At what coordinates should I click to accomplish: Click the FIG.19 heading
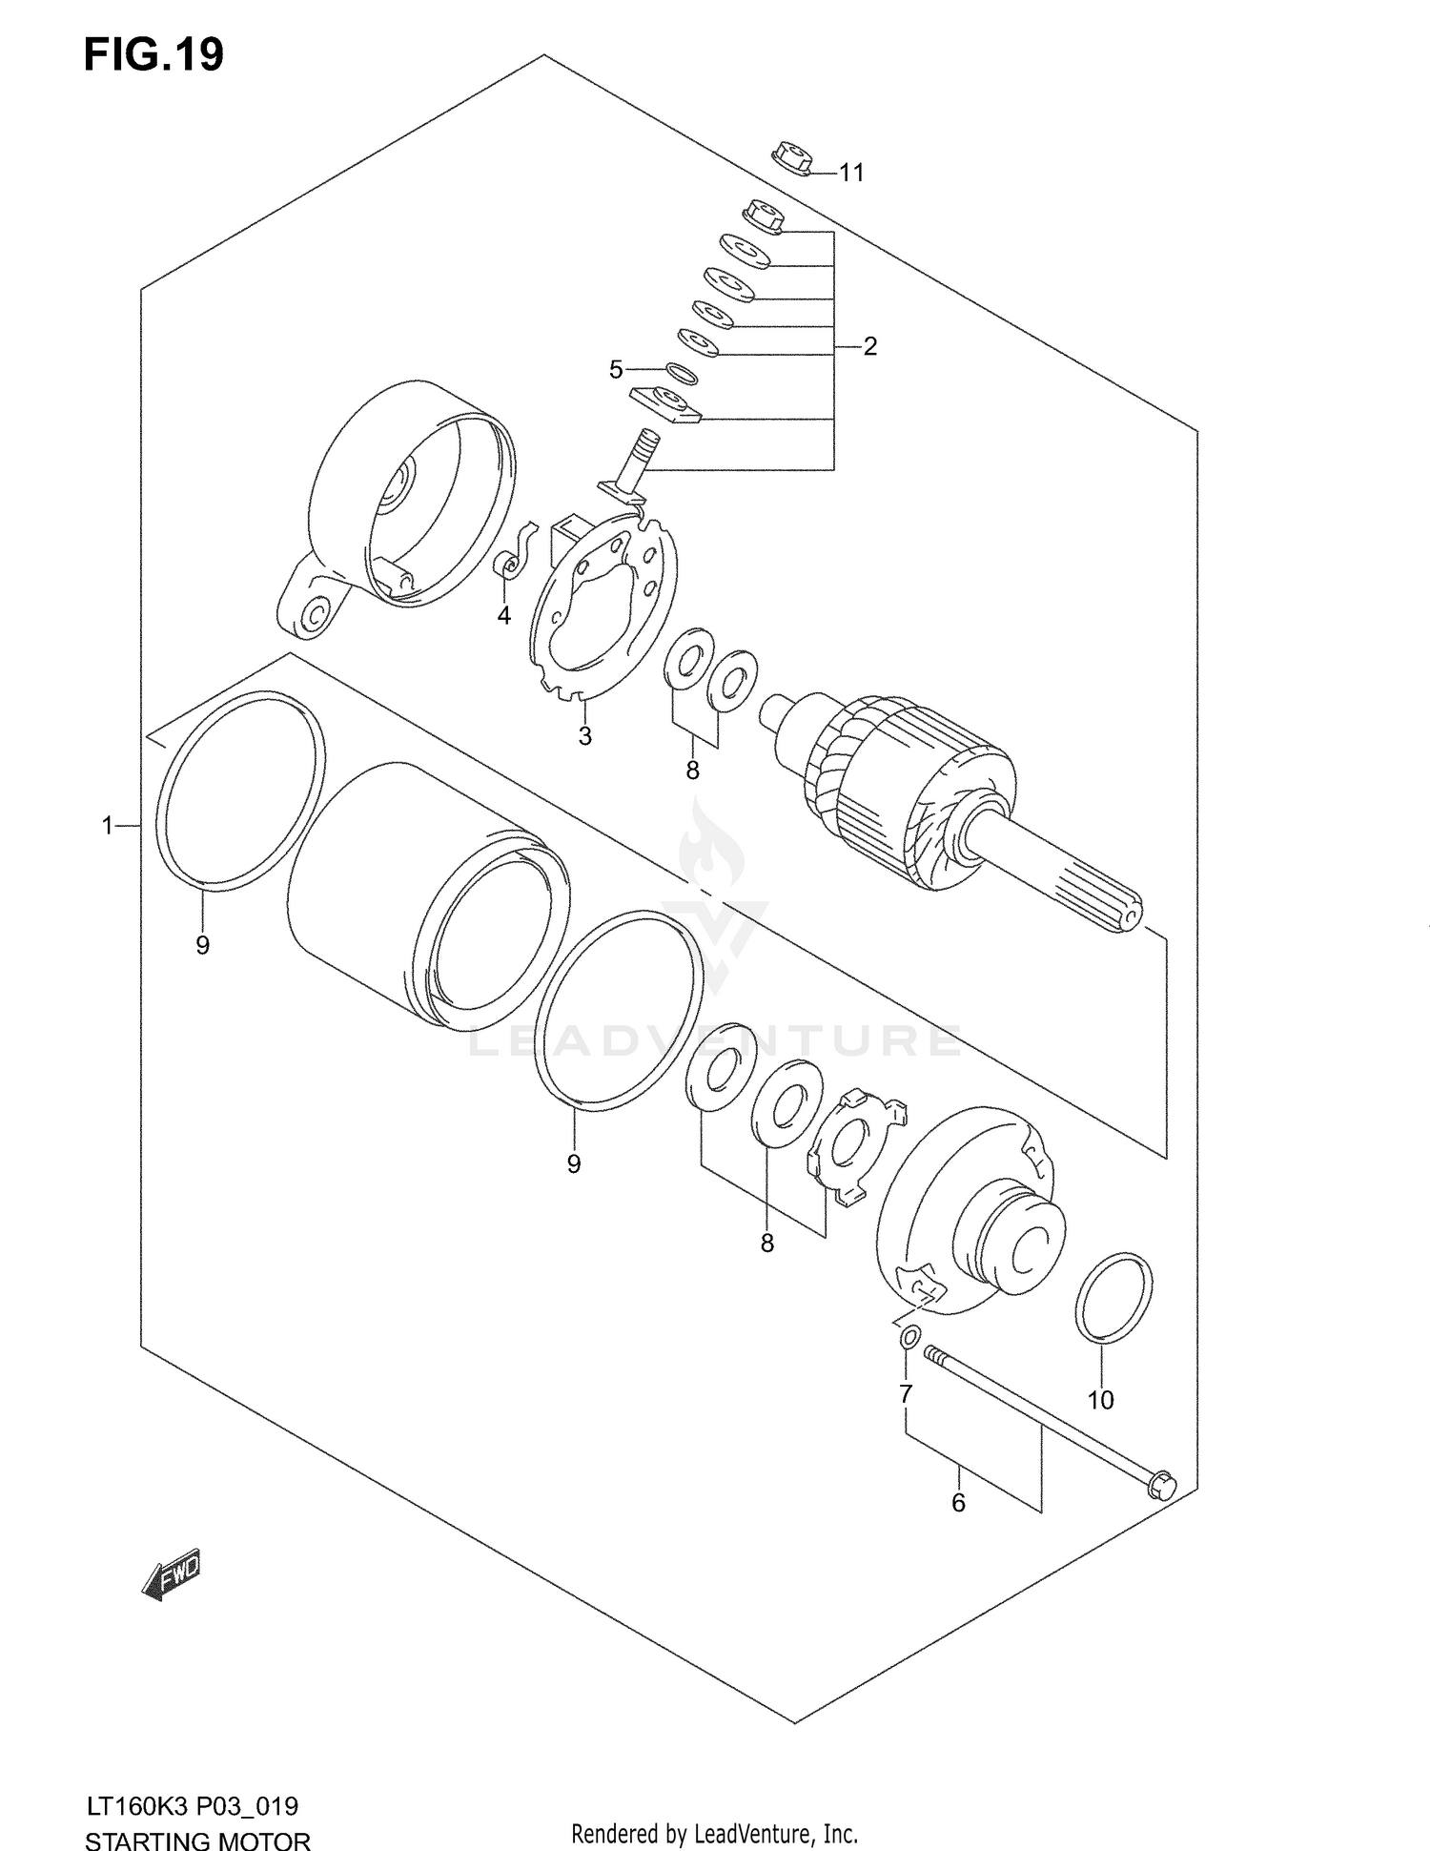coord(153,54)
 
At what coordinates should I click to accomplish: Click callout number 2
coord(869,346)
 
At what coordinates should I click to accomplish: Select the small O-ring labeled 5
coord(681,373)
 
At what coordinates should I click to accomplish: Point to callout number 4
coord(503,616)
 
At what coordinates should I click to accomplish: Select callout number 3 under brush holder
coord(584,736)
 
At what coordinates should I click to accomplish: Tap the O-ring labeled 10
coord(1113,1299)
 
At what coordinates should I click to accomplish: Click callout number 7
coord(906,1394)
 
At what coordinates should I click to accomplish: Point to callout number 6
coord(958,1503)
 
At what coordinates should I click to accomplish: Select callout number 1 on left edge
coord(108,825)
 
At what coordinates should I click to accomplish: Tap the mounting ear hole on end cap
coord(312,617)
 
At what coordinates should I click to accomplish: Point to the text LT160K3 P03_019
coord(192,1806)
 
